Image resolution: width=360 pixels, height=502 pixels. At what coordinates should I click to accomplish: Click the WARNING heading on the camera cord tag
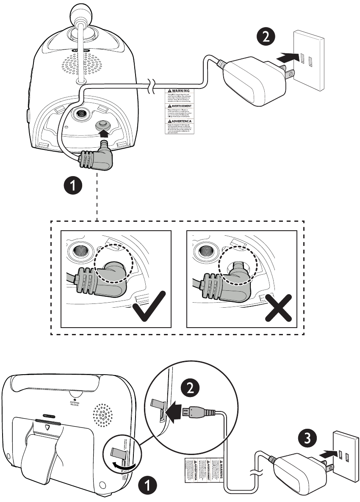[x=178, y=91]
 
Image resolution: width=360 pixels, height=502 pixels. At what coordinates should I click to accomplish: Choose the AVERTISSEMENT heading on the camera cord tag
[x=178, y=107]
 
